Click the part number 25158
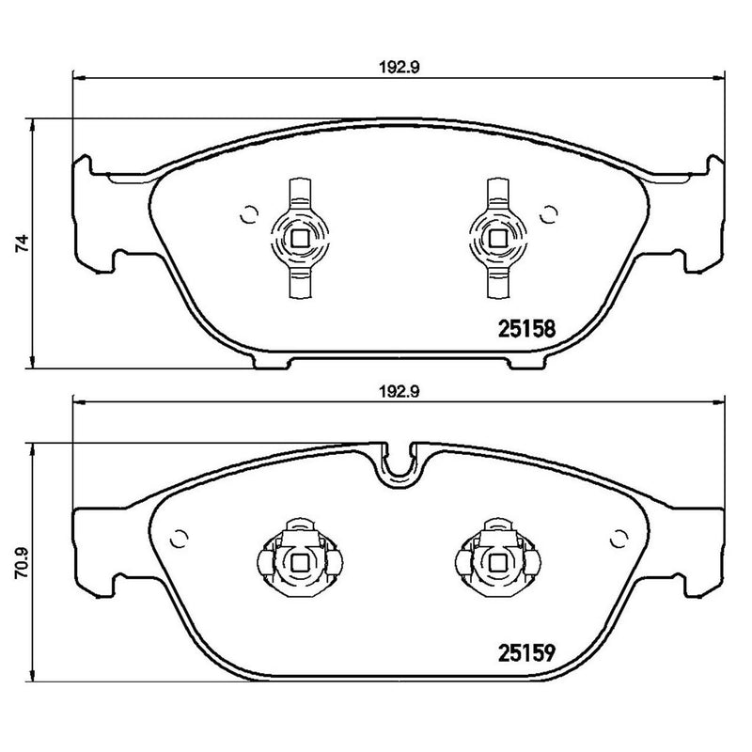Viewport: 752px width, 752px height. pos(526,329)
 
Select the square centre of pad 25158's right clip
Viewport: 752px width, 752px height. pos(494,238)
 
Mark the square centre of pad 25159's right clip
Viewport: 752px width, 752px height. pos(494,562)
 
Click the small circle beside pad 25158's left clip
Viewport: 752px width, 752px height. pos(249,214)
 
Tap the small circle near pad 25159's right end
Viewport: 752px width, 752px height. pos(619,538)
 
